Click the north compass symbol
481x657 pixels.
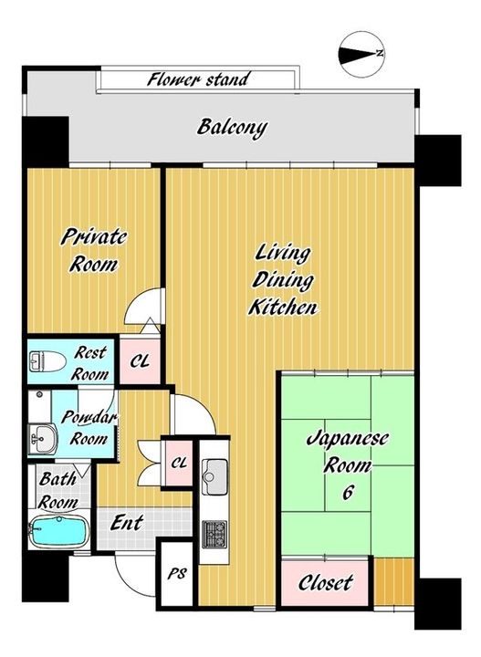tap(361, 55)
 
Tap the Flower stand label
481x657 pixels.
tap(198, 78)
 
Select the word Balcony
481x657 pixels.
tap(232, 127)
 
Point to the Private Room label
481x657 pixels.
tap(94, 251)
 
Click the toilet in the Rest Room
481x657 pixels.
tap(47, 360)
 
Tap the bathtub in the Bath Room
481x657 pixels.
tap(58, 532)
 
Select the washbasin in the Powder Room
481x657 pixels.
tap(43, 439)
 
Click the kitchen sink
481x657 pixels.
tap(214, 476)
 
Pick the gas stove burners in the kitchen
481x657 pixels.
tap(214, 534)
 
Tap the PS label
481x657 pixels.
tap(177, 573)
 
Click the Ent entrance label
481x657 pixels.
tap(127, 523)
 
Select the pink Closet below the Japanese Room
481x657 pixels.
tap(325, 582)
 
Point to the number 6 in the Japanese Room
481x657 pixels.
tap(348, 493)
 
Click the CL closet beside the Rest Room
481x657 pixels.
tap(140, 360)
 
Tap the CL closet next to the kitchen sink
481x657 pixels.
tap(179, 463)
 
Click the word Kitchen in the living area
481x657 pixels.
tap(283, 308)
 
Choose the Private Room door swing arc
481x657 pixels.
tap(138, 299)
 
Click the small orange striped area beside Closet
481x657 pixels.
tap(394, 582)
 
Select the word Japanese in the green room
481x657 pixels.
tap(348, 440)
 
